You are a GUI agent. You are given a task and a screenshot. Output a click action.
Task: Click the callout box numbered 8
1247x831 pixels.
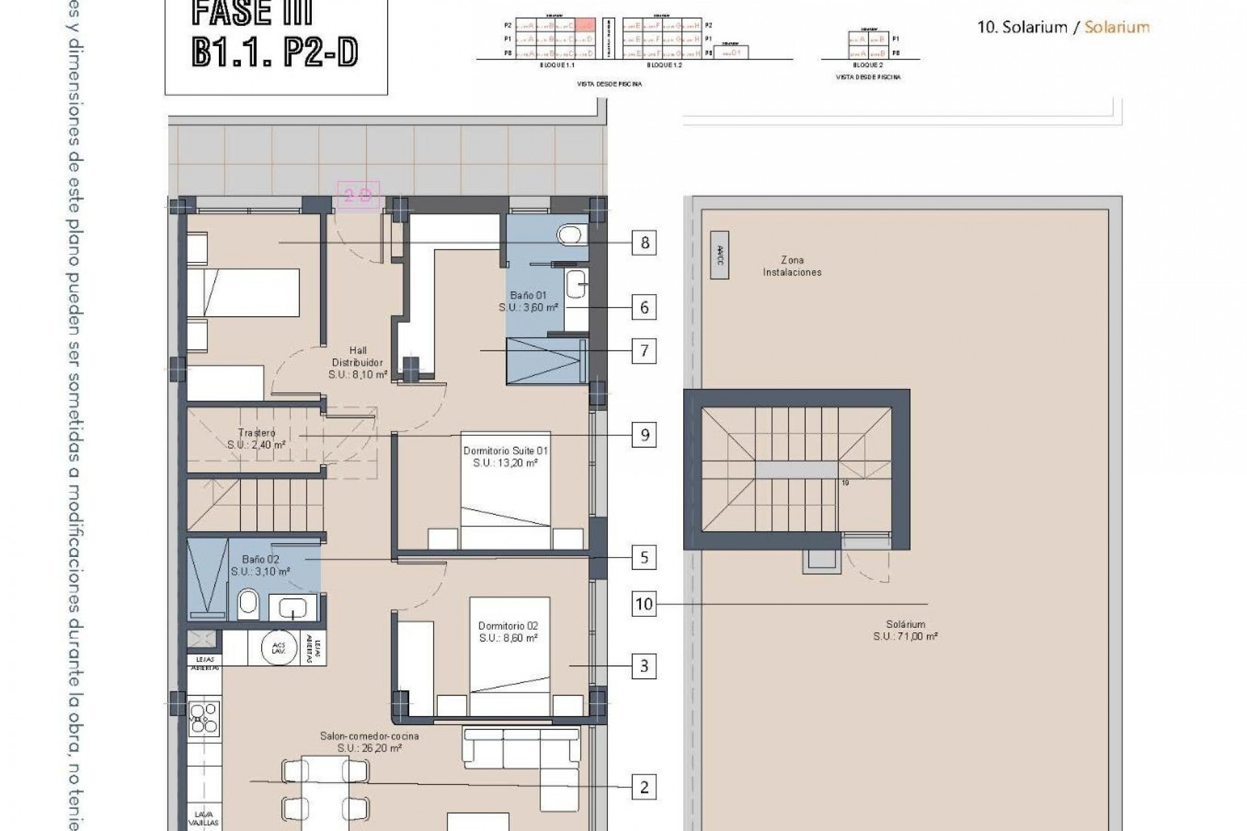click(644, 243)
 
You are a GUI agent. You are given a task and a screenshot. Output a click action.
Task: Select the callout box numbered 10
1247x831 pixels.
click(644, 604)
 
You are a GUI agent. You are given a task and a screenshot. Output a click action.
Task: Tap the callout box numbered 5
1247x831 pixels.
click(644, 558)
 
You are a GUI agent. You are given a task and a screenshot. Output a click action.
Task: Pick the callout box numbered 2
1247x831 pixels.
click(644, 788)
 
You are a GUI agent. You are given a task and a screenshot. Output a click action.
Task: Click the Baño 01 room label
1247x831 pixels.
click(528, 301)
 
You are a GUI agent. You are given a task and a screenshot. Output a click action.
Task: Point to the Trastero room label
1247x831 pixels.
click(257, 438)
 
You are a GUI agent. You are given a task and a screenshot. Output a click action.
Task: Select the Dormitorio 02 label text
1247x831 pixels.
click(508, 632)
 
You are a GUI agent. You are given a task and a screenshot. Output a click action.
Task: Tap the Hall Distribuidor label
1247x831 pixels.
click(357, 362)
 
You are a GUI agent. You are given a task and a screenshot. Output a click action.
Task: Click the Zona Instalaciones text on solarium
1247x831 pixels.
click(792, 266)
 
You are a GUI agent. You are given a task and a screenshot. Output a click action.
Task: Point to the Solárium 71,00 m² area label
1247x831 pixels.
click(905, 630)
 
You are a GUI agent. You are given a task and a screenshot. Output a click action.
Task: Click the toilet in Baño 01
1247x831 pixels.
click(571, 234)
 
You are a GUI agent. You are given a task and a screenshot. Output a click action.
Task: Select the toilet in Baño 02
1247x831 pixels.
click(247, 604)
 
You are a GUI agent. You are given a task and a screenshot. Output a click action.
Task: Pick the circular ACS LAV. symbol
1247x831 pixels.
click(280, 647)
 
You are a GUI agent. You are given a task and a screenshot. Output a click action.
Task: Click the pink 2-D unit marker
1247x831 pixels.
click(357, 195)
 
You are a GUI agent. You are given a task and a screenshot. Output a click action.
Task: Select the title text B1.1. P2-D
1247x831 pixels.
click(275, 53)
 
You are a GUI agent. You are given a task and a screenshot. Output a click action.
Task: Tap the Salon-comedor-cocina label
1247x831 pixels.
click(369, 741)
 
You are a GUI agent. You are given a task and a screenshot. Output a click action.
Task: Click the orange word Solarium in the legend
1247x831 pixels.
click(1116, 27)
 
